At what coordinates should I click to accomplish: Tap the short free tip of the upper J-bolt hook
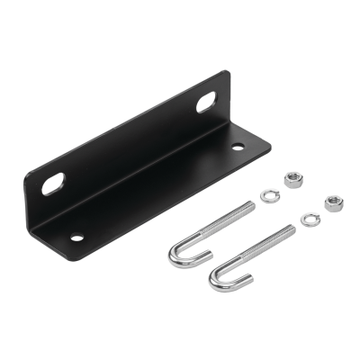click(x=190, y=251)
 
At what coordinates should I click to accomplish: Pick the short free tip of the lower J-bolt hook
click(x=233, y=275)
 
